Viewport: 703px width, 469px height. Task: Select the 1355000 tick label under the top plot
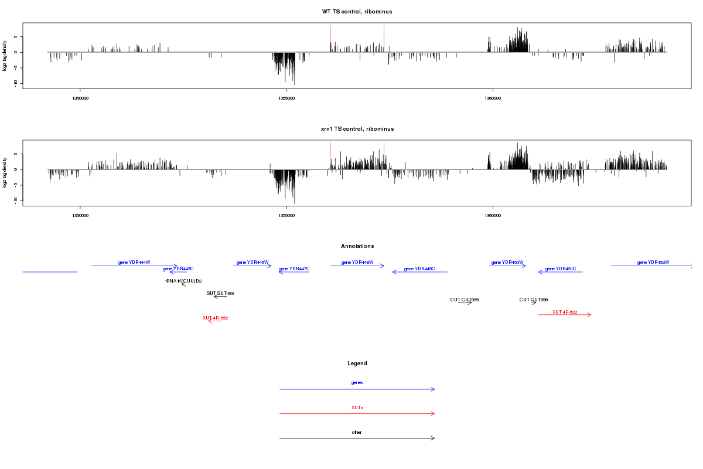(x=286, y=99)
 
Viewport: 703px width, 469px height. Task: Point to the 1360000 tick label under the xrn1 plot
(x=493, y=216)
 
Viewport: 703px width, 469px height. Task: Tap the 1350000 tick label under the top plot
(x=80, y=99)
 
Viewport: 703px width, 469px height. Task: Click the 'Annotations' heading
(x=357, y=246)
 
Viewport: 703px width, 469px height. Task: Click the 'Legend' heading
(x=357, y=363)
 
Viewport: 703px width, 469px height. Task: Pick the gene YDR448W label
(x=357, y=262)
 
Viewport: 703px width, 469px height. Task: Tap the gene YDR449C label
(x=419, y=269)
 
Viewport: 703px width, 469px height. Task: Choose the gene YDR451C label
(x=561, y=269)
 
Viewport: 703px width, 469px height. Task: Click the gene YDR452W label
(x=653, y=262)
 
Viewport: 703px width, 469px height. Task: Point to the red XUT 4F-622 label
(x=565, y=312)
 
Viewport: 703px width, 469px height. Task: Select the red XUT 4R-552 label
(x=215, y=318)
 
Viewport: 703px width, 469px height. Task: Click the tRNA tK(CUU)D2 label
(x=183, y=281)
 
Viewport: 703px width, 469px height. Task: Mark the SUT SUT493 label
(x=220, y=293)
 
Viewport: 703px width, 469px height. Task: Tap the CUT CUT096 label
(x=533, y=300)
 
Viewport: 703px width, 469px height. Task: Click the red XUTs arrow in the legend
(x=357, y=414)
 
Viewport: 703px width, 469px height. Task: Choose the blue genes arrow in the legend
(x=357, y=389)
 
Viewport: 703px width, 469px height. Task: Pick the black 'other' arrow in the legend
(x=357, y=438)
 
